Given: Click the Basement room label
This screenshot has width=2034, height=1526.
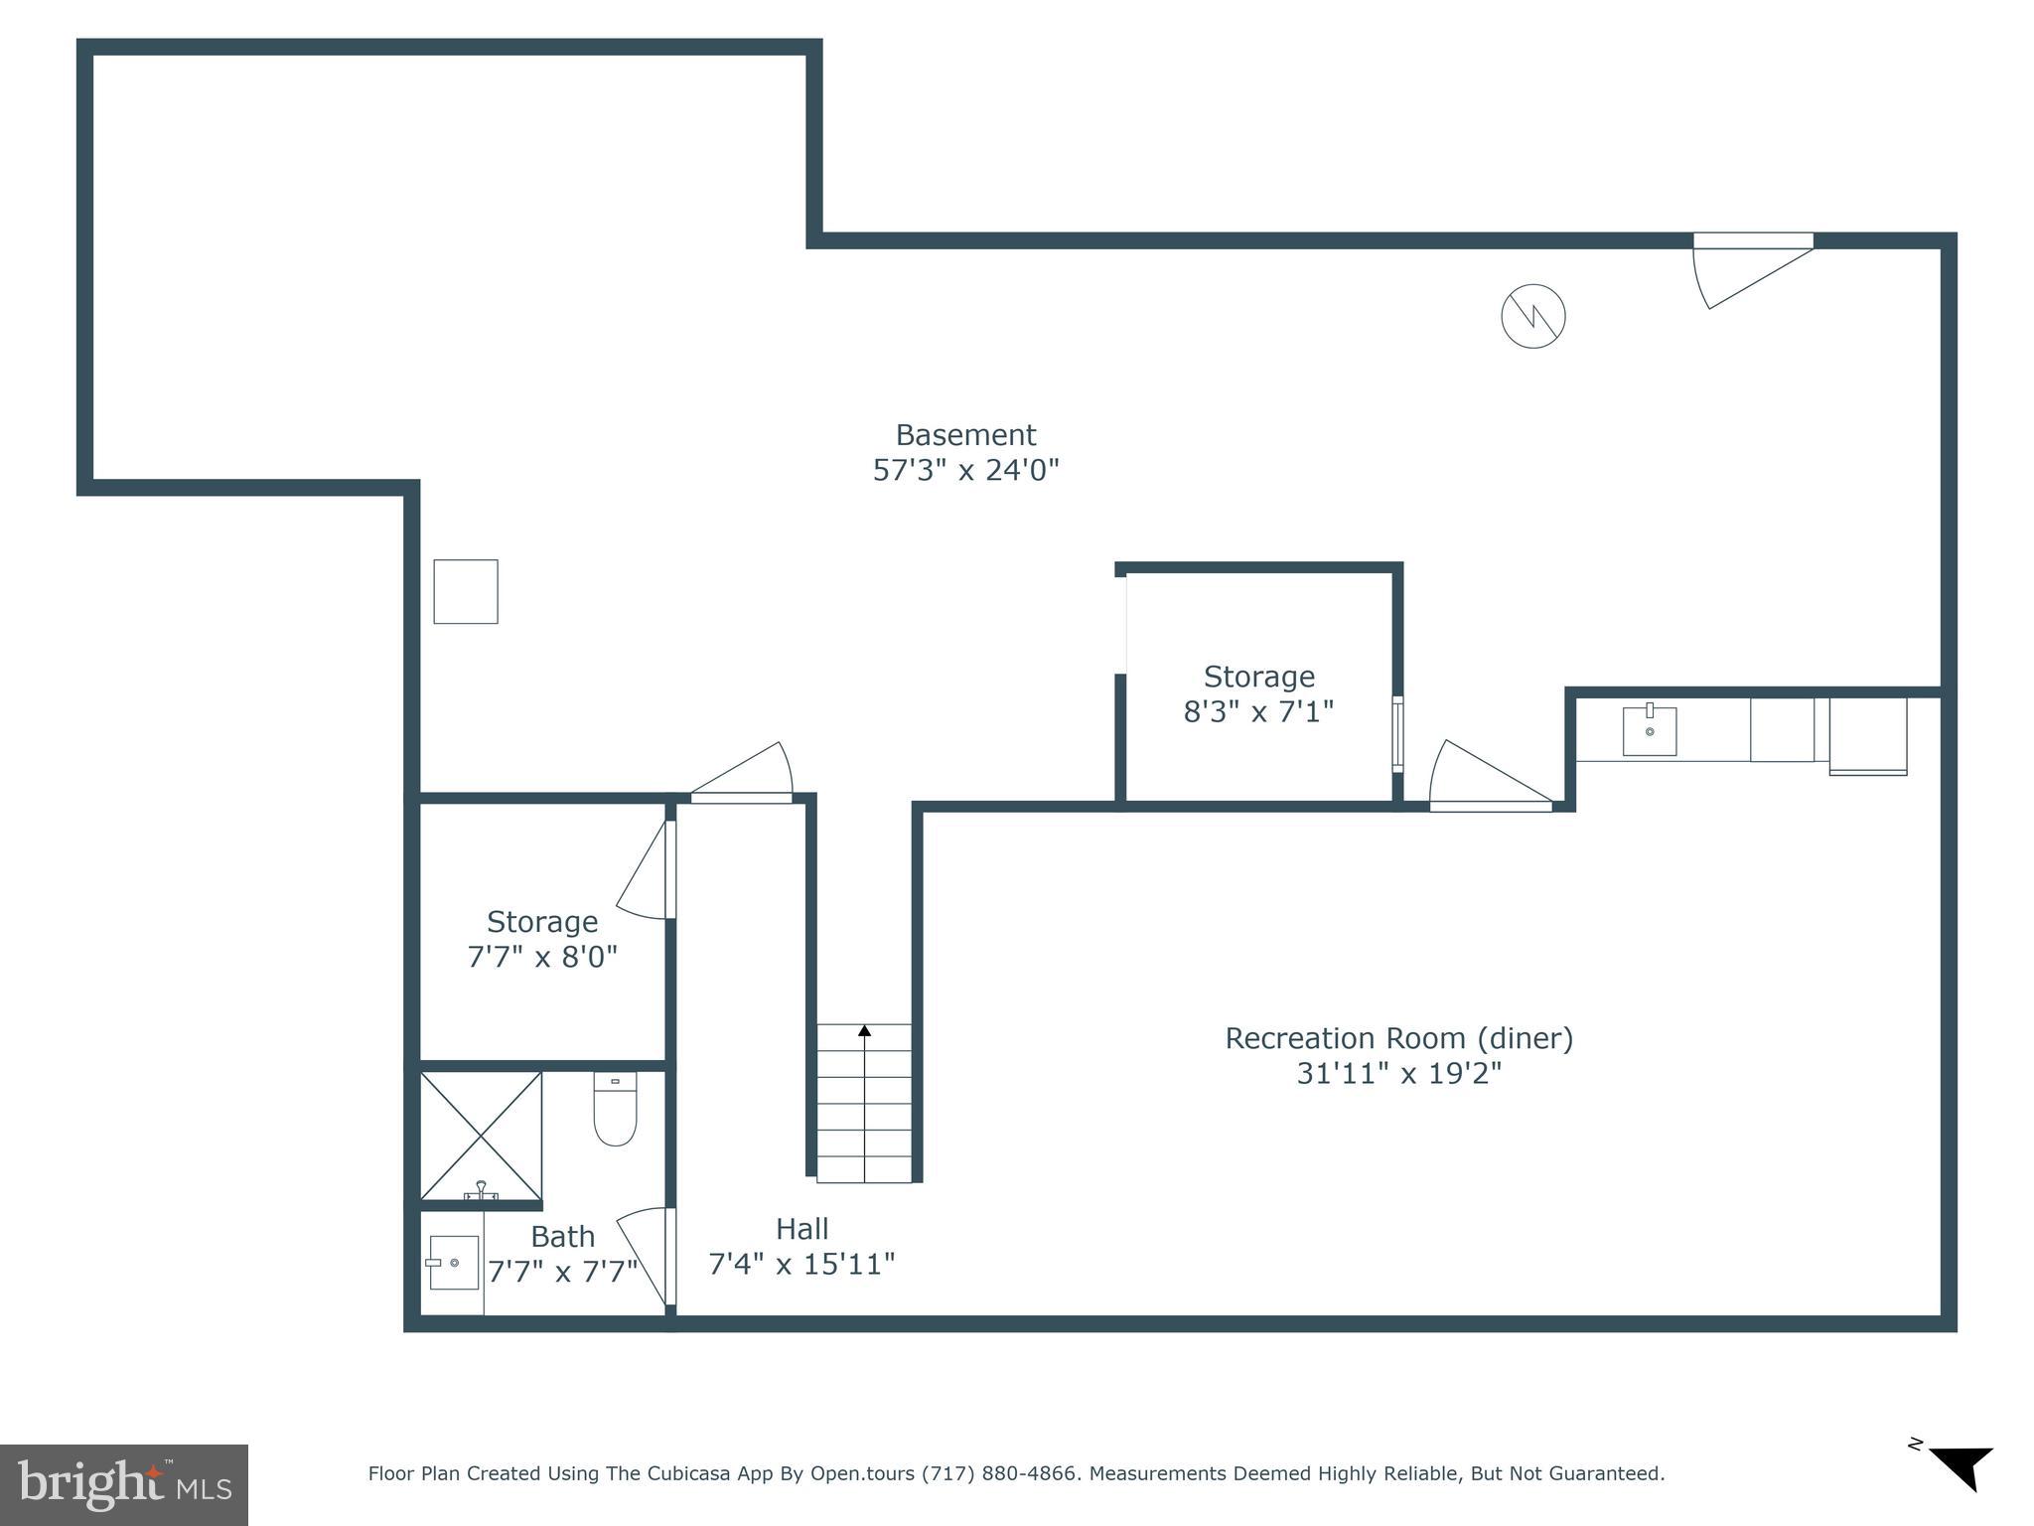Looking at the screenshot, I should click(x=965, y=435).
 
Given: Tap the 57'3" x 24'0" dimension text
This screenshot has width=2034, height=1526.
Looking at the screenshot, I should click(x=965, y=470).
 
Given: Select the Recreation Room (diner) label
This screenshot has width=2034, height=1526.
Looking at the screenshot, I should click(x=1398, y=1038).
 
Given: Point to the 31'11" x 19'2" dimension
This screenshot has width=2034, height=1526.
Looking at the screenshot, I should click(x=1398, y=1074).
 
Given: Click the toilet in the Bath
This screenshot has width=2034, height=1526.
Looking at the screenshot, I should click(x=615, y=1109).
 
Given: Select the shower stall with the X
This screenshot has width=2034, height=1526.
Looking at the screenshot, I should click(x=481, y=1135).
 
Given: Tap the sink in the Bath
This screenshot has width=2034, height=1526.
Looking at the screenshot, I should click(x=454, y=1263).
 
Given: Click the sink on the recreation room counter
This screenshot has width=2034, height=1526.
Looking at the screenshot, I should click(x=1649, y=731).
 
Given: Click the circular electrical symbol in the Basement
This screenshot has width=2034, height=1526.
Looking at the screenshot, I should click(x=1532, y=317).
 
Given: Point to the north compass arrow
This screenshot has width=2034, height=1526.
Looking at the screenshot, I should click(x=1961, y=1466).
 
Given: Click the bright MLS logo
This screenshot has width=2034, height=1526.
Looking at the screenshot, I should click(x=123, y=1484).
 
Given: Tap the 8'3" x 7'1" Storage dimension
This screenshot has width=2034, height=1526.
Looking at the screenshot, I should click(x=1258, y=712).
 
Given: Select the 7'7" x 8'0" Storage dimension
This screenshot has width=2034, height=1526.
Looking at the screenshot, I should click(x=542, y=957).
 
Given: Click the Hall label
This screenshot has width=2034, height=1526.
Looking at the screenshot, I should click(x=801, y=1229).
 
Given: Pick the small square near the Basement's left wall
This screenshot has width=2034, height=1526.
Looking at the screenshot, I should click(x=465, y=592).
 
